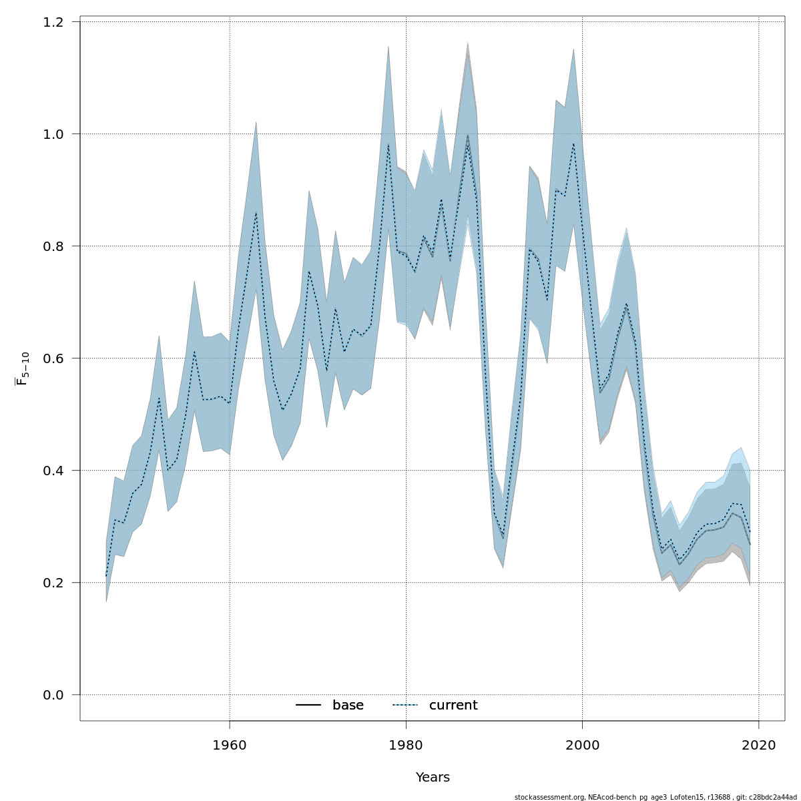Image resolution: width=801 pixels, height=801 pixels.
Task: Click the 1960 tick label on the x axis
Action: pos(230,744)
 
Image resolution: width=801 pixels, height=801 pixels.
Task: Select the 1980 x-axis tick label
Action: pos(406,744)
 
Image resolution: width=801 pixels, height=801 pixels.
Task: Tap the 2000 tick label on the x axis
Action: pos(583,744)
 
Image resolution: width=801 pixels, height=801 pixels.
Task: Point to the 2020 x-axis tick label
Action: pos(759,744)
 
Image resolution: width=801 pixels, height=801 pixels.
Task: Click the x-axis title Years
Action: pos(433,778)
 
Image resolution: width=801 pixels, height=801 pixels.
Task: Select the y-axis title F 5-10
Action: pos(22,369)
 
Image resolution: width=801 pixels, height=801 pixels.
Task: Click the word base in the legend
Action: pos(348,706)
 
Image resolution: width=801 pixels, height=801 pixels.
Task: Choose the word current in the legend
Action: pos(453,706)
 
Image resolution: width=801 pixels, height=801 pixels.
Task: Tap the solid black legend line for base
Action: pos(308,706)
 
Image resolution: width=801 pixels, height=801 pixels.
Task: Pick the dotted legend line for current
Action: pos(405,706)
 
